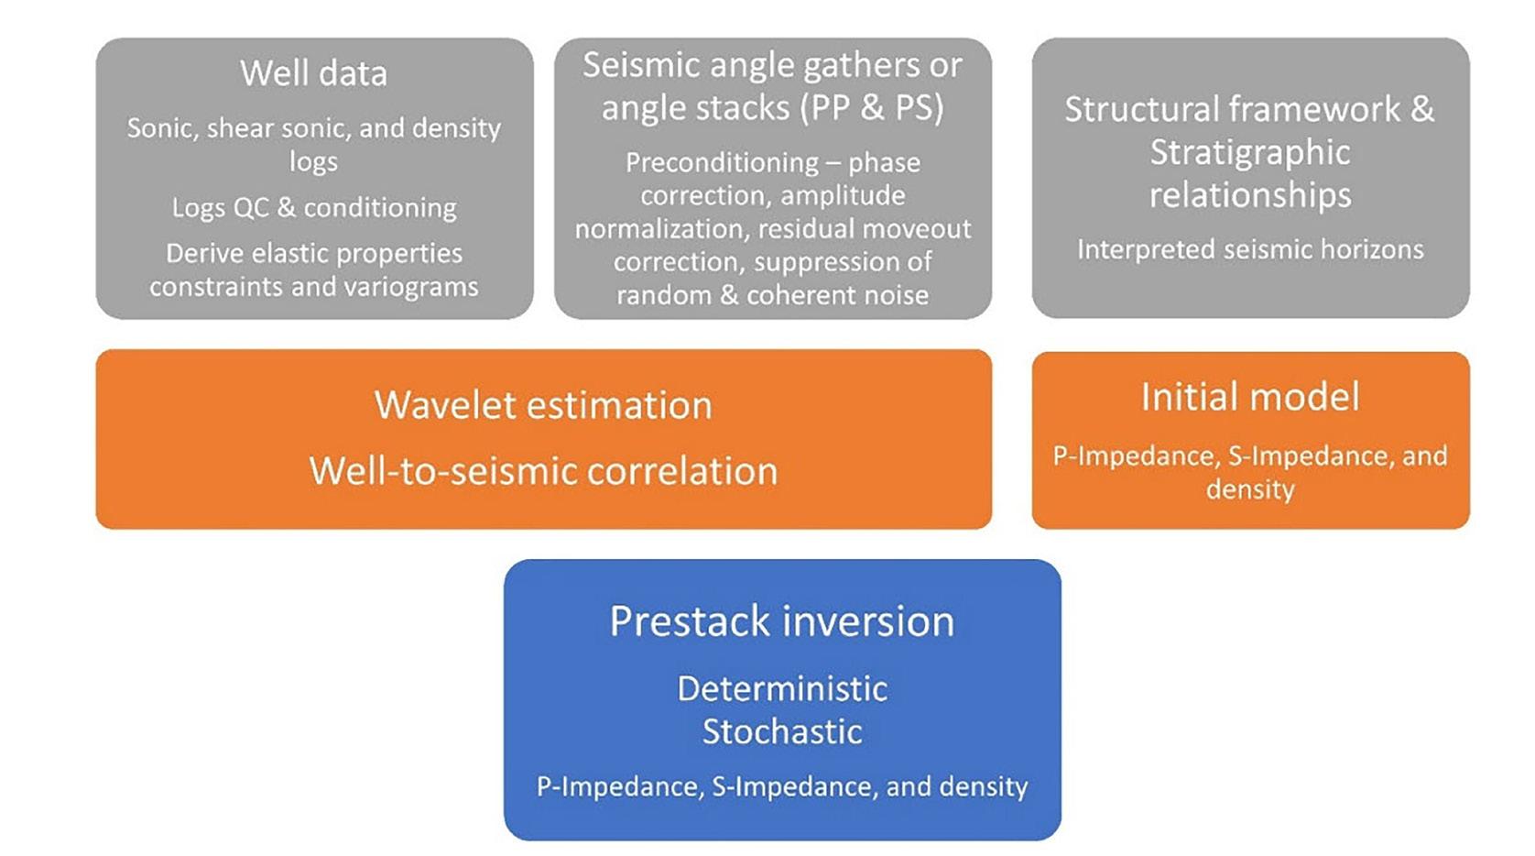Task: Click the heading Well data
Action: [314, 73]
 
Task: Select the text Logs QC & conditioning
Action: [314, 208]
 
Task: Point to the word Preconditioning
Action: [723, 163]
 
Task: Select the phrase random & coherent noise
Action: [773, 295]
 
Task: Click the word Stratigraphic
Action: [1250, 153]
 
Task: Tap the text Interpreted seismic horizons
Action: [1250, 249]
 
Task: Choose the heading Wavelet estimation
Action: [543, 405]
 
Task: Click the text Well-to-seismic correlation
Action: [543, 471]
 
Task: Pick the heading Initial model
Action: [1250, 397]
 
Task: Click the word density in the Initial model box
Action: [1250, 489]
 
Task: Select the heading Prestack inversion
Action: [782, 621]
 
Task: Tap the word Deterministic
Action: [782, 688]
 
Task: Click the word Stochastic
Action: [782, 731]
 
